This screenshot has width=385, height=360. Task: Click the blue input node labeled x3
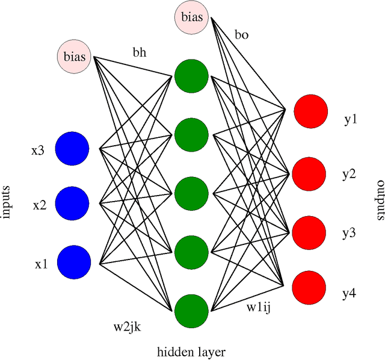point(72,147)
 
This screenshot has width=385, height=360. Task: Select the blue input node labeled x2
point(72,203)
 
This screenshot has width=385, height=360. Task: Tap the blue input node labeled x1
point(74,262)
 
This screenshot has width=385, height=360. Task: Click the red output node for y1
point(310,111)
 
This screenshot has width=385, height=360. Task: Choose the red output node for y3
point(309,229)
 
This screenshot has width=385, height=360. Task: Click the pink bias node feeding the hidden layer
point(75,58)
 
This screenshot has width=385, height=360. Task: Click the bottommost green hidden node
point(191,310)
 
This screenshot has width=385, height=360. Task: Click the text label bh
point(139,52)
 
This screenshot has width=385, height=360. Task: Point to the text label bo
point(242,35)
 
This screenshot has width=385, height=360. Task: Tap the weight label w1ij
point(258,307)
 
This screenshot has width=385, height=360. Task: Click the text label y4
point(350,294)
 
